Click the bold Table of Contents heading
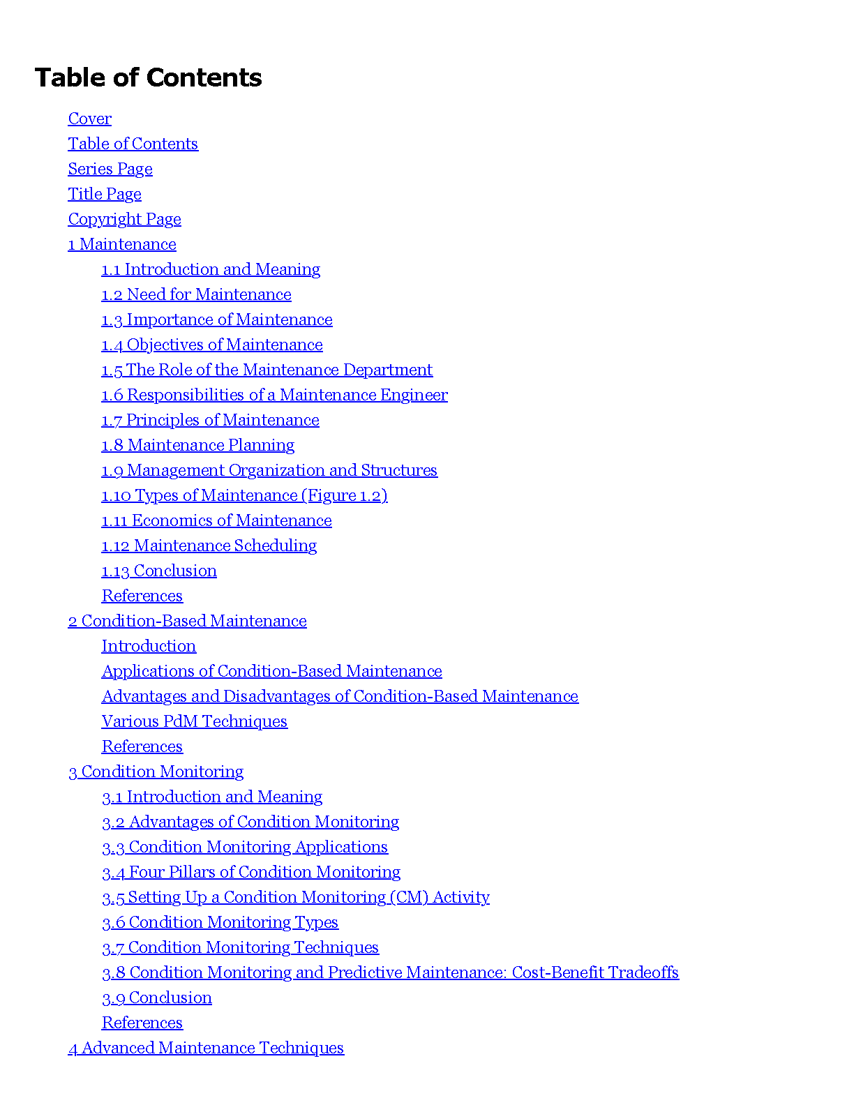[x=148, y=77]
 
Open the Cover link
[x=90, y=119]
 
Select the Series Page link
[x=110, y=169]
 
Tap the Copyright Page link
[x=125, y=219]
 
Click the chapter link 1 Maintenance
[x=122, y=244]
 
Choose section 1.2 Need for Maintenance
[x=196, y=294]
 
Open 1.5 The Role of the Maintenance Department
[x=267, y=370]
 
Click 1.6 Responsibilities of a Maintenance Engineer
[x=275, y=395]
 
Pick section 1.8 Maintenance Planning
[x=198, y=445]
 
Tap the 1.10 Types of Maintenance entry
[x=244, y=495]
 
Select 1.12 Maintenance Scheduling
[x=209, y=546]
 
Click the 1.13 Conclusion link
[x=159, y=571]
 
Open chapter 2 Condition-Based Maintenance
[x=187, y=621]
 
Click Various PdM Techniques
[x=195, y=721]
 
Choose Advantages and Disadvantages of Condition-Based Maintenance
[x=340, y=696]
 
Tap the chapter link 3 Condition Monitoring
[x=156, y=772]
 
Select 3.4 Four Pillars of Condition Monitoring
[x=251, y=872]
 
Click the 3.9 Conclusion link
[x=157, y=998]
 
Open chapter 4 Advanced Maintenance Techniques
[x=206, y=1048]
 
